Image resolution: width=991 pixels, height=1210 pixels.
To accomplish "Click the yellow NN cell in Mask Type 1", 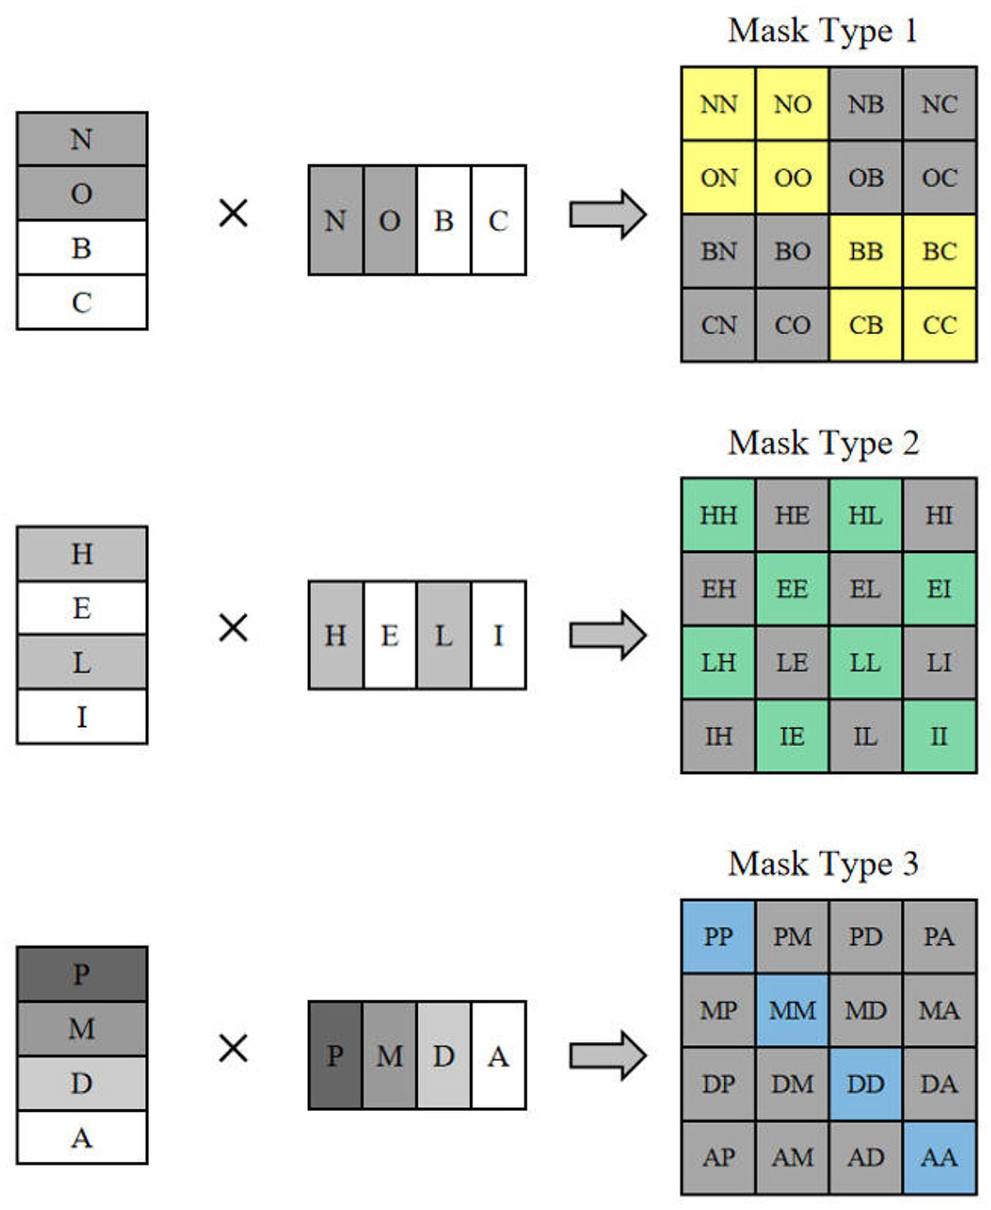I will pyautogui.click(x=718, y=104).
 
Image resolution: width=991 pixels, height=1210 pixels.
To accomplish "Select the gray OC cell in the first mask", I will pyautogui.click(x=939, y=178).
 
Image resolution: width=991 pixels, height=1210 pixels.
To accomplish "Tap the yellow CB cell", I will pyautogui.click(x=865, y=326).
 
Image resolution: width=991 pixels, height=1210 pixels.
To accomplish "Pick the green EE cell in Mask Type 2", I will pyautogui.click(x=791, y=589).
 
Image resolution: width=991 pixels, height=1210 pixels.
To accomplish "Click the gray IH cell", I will pyautogui.click(x=718, y=737).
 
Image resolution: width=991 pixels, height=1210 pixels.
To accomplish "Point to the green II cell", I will pyautogui.click(x=939, y=737).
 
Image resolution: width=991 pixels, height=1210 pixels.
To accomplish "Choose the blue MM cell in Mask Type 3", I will pyautogui.click(x=791, y=1010).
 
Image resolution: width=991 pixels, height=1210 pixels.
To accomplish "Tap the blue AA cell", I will pyautogui.click(x=939, y=1158).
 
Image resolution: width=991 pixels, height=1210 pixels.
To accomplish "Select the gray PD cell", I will pyautogui.click(x=865, y=936).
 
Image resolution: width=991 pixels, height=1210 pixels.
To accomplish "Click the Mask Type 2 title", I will pyautogui.click(x=823, y=443).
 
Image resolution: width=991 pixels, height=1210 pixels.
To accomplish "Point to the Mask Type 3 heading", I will pyautogui.click(x=823, y=864).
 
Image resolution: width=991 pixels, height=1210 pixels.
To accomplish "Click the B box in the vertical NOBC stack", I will pyautogui.click(x=81, y=248).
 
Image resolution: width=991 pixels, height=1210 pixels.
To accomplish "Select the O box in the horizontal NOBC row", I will pyautogui.click(x=389, y=221).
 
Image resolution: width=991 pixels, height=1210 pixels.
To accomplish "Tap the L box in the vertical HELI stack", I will pyautogui.click(x=81, y=662).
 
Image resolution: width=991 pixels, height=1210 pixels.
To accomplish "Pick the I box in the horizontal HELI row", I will pyautogui.click(x=498, y=635).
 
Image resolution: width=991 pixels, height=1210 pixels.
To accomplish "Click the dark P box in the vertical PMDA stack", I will pyautogui.click(x=81, y=974).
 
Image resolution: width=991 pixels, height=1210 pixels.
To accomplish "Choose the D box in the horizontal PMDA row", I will pyautogui.click(x=444, y=1056).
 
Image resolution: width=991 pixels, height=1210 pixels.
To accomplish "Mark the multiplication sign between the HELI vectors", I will pyautogui.click(x=233, y=628).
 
